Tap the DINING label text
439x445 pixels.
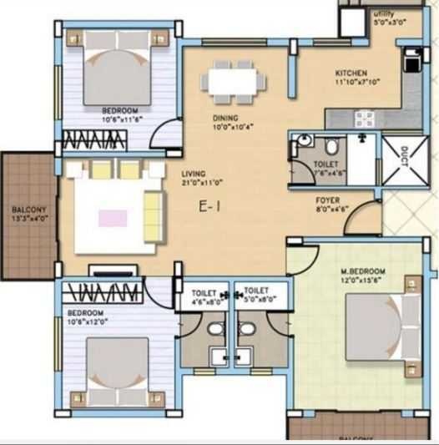click(225, 118)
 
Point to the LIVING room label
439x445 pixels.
click(194, 174)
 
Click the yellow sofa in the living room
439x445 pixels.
click(154, 214)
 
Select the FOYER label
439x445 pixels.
click(326, 202)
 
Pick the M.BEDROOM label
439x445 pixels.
click(362, 272)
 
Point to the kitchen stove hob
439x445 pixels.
click(365, 118)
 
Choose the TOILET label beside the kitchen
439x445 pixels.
click(327, 164)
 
